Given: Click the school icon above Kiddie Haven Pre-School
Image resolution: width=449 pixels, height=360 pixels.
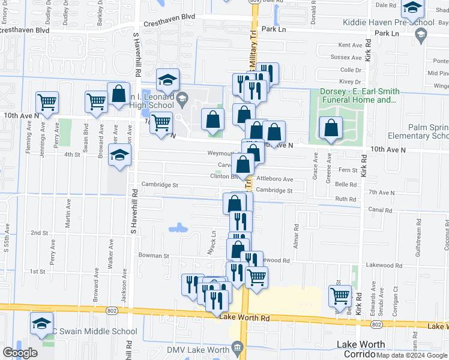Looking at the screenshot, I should pos(412,8).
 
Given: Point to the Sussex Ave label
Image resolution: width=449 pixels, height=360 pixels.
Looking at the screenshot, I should pos(349,58).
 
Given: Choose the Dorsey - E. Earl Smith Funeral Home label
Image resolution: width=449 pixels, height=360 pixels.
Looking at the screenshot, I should pos(359,95).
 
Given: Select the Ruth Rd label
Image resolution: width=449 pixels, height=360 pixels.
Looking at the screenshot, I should pos(346,199).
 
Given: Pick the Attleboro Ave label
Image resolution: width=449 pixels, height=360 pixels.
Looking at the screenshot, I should pos(274,179).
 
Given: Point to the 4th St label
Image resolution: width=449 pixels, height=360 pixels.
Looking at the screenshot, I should pos(72,155).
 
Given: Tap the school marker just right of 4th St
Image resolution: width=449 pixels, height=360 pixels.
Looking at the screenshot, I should pos(120,155).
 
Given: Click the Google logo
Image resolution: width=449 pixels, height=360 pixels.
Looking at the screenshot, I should pos(19,352).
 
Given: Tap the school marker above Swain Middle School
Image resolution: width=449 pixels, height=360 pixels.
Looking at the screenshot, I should pos(41,323).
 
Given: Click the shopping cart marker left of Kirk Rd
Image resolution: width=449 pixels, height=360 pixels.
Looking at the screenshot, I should pos(340,295).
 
